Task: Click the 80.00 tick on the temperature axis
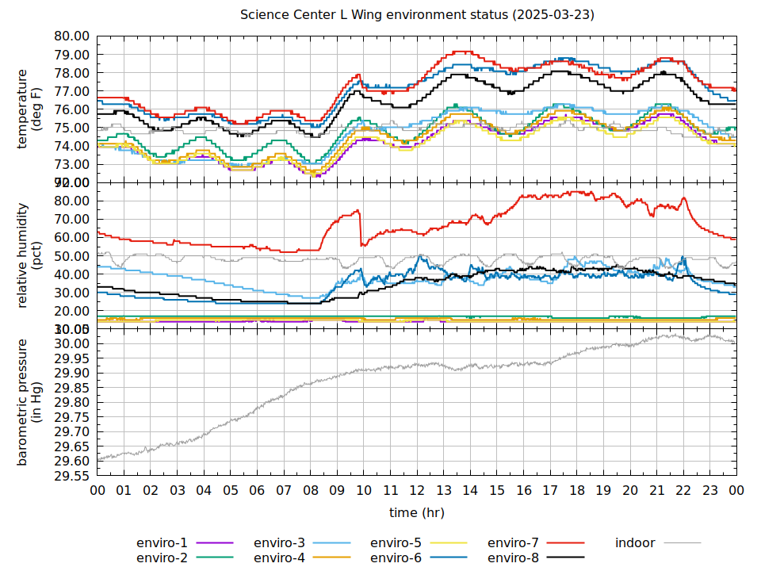click(x=71, y=36)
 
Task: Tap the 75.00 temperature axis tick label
click(x=71, y=128)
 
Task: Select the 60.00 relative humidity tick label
click(x=71, y=237)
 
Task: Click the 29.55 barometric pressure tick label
click(x=71, y=476)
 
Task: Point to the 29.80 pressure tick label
click(x=71, y=403)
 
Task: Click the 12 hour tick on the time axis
click(x=418, y=491)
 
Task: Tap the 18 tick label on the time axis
click(x=577, y=491)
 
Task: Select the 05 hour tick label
click(x=231, y=491)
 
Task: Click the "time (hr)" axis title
click(x=417, y=512)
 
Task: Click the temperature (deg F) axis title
click(x=29, y=109)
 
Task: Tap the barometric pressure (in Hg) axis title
click(x=29, y=402)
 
